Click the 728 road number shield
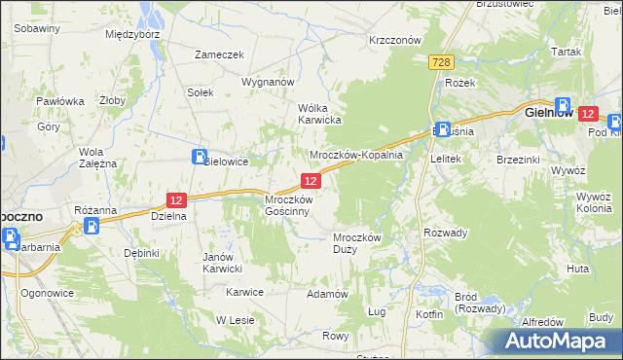[x=441, y=61]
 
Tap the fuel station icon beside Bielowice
[x=199, y=157]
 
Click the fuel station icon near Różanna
[x=91, y=226]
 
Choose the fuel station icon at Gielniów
[x=563, y=105]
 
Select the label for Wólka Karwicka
[x=318, y=114]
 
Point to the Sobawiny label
[x=38, y=28]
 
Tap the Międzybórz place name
[x=132, y=33]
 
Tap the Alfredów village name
[x=543, y=321]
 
